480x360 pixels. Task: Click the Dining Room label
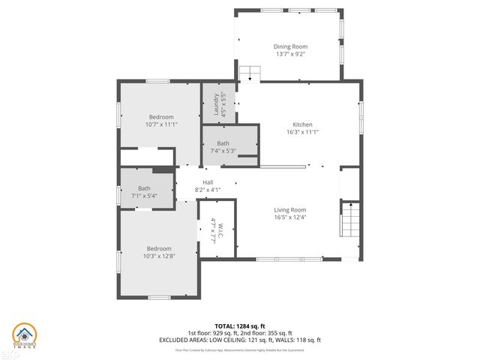click(x=289, y=46)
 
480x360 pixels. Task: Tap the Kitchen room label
click(x=302, y=124)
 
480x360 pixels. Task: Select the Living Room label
click(x=289, y=210)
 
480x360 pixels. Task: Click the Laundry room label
click(x=216, y=102)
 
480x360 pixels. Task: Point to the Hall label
click(x=208, y=182)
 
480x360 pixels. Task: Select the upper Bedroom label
click(x=160, y=117)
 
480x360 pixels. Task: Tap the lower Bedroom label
click(x=159, y=249)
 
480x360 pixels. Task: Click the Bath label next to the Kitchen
click(x=223, y=143)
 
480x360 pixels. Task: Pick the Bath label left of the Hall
click(x=144, y=188)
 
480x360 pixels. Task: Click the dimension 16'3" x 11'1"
click(x=302, y=132)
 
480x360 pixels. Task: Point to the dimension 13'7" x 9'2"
click(x=289, y=54)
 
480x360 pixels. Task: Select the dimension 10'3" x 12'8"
click(x=159, y=256)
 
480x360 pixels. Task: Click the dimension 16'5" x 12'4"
click(x=289, y=217)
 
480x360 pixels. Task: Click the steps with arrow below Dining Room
click(x=250, y=74)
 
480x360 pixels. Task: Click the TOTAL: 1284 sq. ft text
click(x=240, y=325)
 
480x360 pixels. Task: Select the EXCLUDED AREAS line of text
click(x=240, y=340)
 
